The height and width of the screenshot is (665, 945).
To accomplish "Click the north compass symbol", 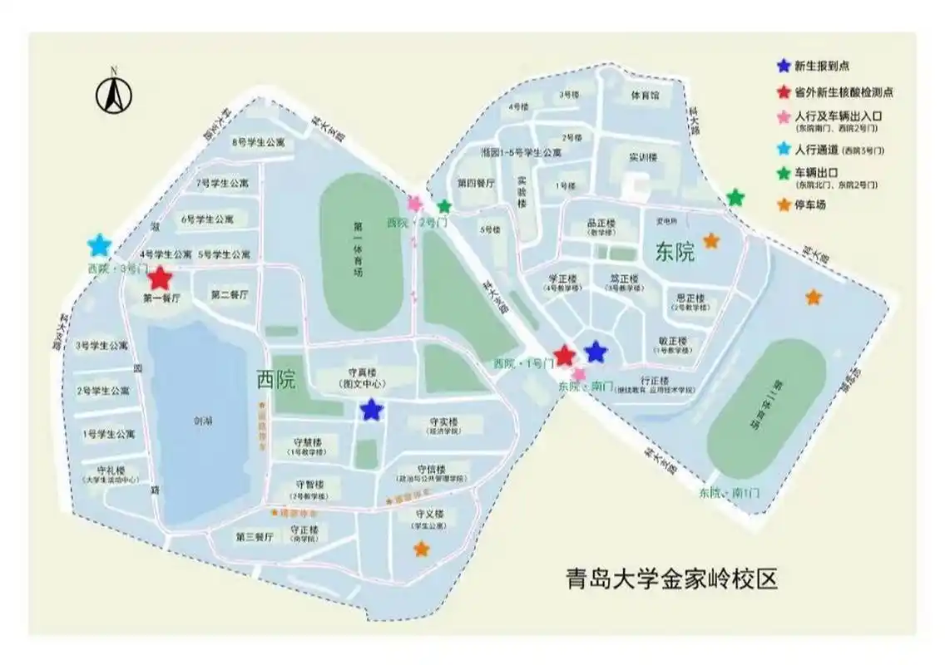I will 114,93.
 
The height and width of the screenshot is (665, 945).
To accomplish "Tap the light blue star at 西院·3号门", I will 99,245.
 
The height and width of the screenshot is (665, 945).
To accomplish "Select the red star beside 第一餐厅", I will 160,278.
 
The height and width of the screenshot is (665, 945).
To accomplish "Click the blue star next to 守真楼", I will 371,409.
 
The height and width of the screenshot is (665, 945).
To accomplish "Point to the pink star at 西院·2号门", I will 415,204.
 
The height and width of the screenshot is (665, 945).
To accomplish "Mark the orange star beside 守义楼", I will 422,549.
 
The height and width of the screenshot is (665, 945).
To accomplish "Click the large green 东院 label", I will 675,253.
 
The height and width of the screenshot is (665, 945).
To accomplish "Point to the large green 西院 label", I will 276,382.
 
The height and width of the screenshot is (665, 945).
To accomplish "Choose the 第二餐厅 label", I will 229,295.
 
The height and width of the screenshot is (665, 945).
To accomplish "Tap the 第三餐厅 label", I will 255,536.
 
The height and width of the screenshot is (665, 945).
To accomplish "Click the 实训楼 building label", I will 644,157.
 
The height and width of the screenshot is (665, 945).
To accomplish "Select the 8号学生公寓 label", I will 258,142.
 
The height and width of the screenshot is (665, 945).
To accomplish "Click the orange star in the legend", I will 783,204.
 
